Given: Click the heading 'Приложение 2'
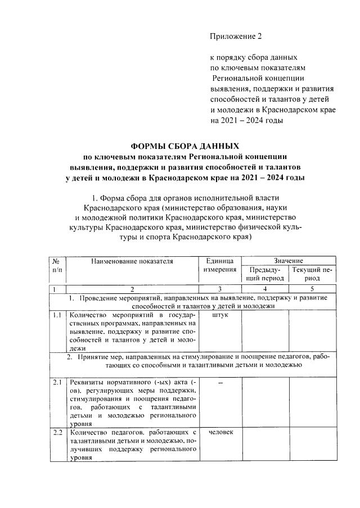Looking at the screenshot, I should tap(236, 37).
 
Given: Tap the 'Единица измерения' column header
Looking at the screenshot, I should tap(220, 265).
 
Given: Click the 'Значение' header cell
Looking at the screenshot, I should tap(289, 261).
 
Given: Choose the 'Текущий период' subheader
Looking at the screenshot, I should tap(312, 274).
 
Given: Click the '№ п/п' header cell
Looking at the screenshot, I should tap(56, 265).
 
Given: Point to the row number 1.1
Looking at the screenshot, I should tap(56, 315).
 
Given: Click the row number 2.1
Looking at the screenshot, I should tap(56, 382).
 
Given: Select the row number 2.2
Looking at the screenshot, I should tap(56, 432).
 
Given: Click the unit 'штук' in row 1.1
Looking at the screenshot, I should tap(220, 315).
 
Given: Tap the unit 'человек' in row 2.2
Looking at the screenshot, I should tap(220, 432).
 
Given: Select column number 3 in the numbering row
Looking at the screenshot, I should tap(220, 289).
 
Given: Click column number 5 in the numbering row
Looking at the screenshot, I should tap(312, 289).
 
